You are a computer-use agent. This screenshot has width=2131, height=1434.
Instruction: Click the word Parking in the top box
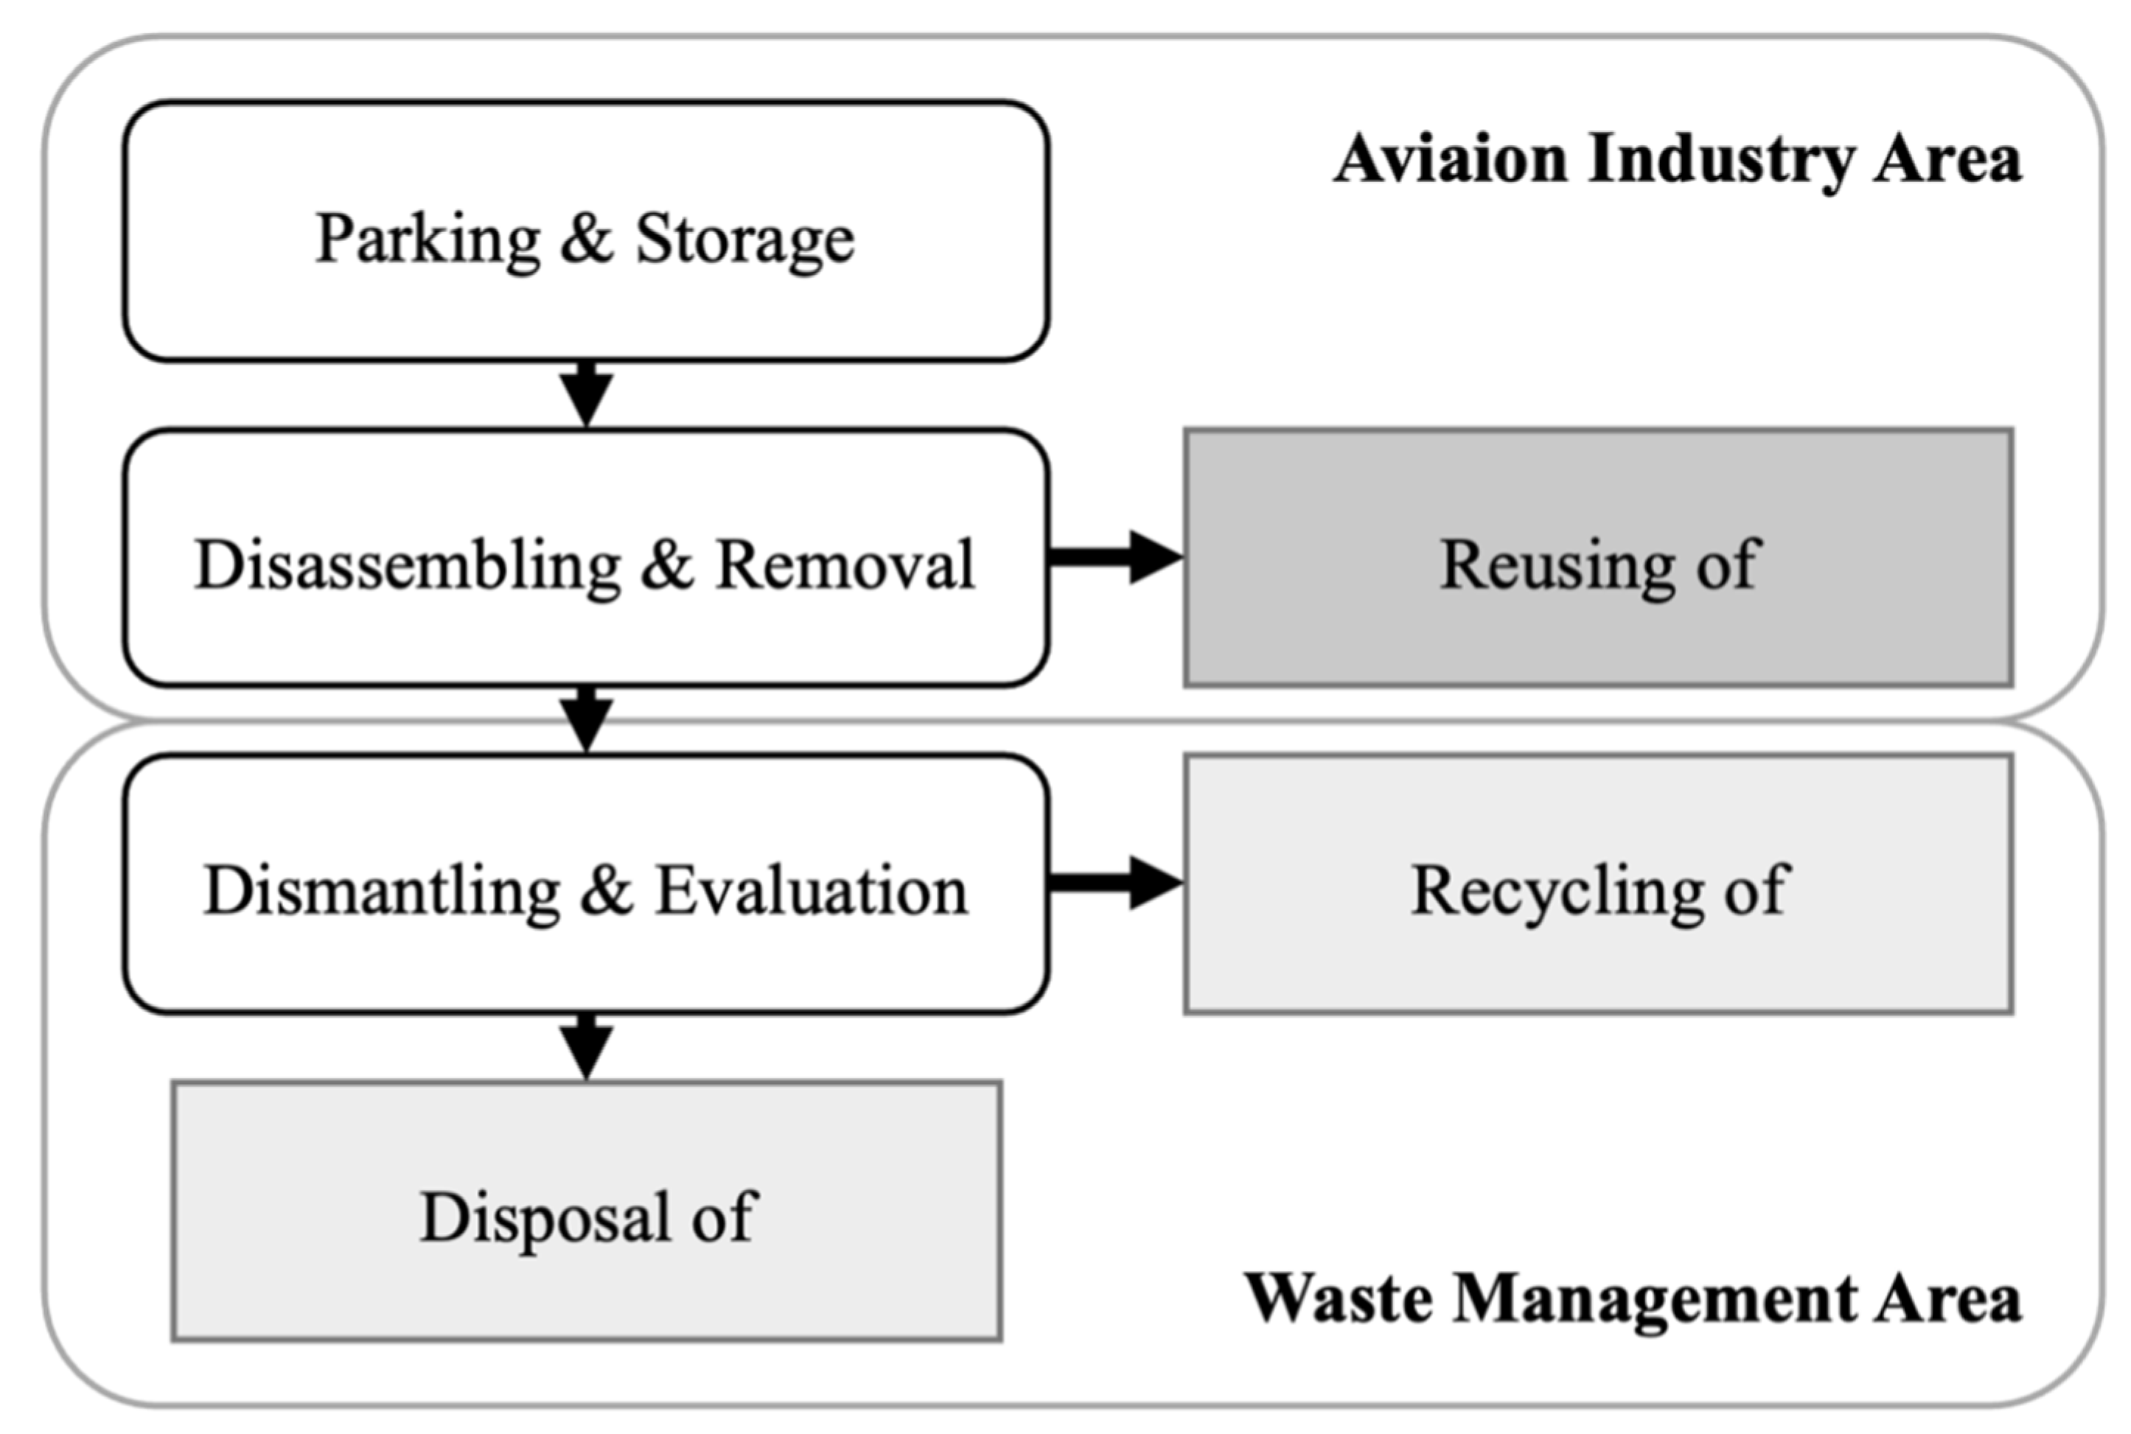tap(427, 239)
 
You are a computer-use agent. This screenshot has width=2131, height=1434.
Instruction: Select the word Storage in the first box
tap(744, 239)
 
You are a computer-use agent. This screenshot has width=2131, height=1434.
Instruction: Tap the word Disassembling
tap(407, 565)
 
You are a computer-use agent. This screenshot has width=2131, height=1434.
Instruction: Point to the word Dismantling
tap(380, 891)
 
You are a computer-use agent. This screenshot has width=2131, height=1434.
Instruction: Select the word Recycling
tap(1555, 891)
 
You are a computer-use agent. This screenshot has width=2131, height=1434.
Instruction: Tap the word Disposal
tap(545, 1217)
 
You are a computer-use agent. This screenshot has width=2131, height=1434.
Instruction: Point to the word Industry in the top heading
tap(1720, 159)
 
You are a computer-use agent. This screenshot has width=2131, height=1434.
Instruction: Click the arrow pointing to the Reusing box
tap(1116, 556)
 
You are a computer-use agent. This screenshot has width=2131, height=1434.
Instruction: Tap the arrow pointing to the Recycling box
tap(1116, 883)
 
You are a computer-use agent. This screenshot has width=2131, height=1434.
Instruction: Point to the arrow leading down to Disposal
tap(586, 1047)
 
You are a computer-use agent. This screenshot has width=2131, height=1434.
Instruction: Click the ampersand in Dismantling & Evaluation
tap(607, 891)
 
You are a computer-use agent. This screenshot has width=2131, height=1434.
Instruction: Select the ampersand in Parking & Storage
tap(586, 239)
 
